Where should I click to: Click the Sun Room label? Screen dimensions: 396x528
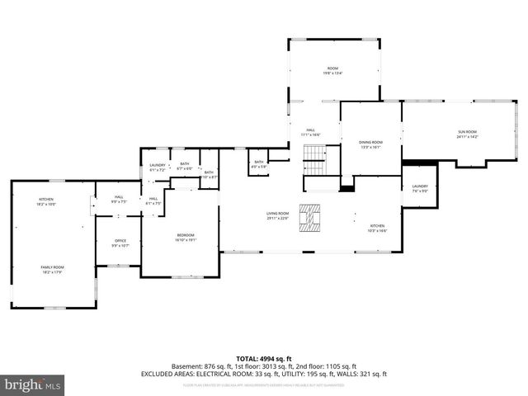click(x=468, y=132)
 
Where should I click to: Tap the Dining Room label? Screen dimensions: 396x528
click(x=370, y=142)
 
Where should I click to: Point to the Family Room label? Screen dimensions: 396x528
click(x=53, y=268)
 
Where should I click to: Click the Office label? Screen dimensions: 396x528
click(x=120, y=241)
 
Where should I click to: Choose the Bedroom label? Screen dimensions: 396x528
click(x=185, y=236)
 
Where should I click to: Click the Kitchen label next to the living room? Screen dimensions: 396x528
click(x=377, y=227)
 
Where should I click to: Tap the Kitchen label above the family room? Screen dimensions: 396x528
click(x=46, y=200)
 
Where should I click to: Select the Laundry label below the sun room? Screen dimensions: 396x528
click(x=420, y=186)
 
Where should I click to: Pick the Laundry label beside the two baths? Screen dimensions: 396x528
click(x=157, y=166)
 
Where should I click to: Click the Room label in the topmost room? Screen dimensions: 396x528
click(x=332, y=68)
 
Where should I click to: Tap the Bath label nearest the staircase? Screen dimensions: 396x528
click(x=259, y=163)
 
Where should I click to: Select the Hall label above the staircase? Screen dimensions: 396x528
click(x=311, y=130)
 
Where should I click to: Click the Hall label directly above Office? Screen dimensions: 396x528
click(x=119, y=197)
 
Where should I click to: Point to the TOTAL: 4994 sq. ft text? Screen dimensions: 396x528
click(x=263, y=359)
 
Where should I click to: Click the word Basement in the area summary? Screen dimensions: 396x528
click(x=186, y=366)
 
